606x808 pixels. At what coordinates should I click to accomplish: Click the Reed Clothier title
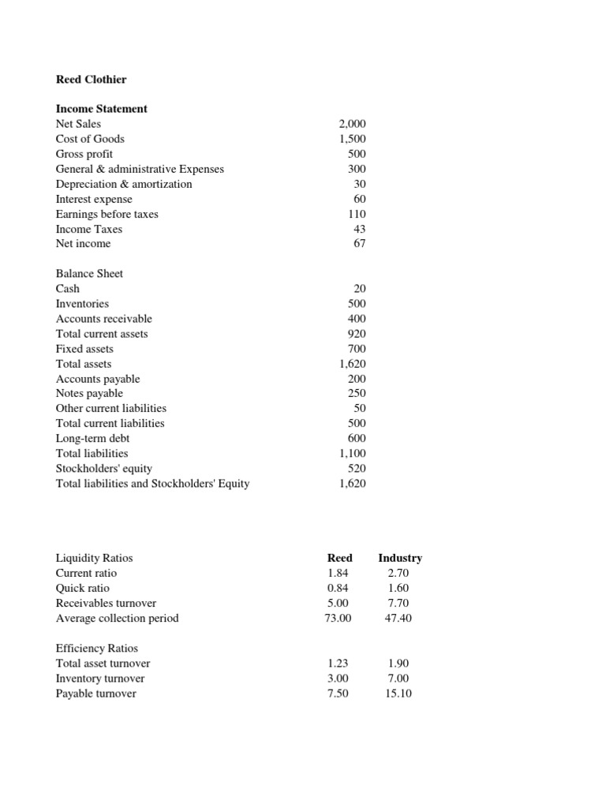91,79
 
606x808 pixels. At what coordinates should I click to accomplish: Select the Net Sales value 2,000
352,124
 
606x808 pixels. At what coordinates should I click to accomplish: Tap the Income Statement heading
101,109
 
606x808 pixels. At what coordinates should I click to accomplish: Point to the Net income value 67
359,244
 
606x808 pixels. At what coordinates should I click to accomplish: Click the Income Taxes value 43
359,229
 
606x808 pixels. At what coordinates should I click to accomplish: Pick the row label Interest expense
94,199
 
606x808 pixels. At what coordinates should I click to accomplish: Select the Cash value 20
359,289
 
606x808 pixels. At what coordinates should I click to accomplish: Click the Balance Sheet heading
89,274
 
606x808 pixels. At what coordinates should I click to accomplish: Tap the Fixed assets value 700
357,349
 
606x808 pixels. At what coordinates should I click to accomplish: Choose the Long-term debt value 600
357,438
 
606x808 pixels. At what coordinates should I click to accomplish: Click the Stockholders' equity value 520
357,468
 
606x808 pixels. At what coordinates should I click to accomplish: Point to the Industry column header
400,558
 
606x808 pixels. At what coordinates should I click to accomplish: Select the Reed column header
339,558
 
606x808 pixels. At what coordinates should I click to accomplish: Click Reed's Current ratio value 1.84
337,573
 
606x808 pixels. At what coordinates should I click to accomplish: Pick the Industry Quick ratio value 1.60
398,588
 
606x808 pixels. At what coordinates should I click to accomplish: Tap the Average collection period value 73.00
337,618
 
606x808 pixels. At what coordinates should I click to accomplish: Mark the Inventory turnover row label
100,679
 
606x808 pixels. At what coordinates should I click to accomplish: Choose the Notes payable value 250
357,393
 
